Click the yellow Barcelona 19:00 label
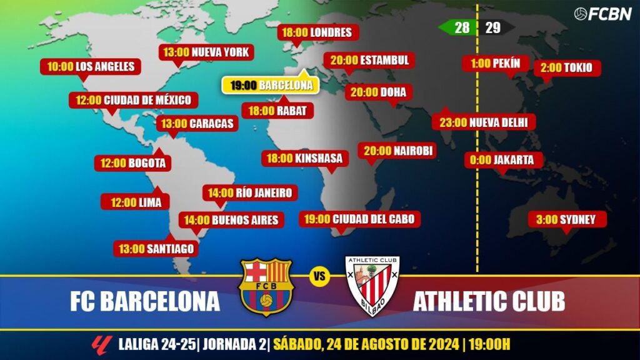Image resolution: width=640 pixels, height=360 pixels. tap(271, 86)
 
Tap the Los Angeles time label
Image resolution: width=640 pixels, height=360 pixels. tap(90, 66)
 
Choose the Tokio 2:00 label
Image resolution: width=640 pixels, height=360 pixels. tap(567, 68)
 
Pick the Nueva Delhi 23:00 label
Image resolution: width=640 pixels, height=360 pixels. tap(484, 122)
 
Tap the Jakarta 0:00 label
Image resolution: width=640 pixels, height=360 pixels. tap(502, 160)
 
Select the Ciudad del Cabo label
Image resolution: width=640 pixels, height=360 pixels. tap(359, 219)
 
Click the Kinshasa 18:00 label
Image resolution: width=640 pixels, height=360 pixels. tap(304, 158)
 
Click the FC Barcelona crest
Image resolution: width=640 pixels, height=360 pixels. tap(266, 287)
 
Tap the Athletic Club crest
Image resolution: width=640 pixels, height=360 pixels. tap(372, 286)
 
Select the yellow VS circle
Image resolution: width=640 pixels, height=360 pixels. tap(319, 276)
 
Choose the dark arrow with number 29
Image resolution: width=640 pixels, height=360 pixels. tap(496, 27)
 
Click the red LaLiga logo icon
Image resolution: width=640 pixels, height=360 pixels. tap(99, 344)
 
